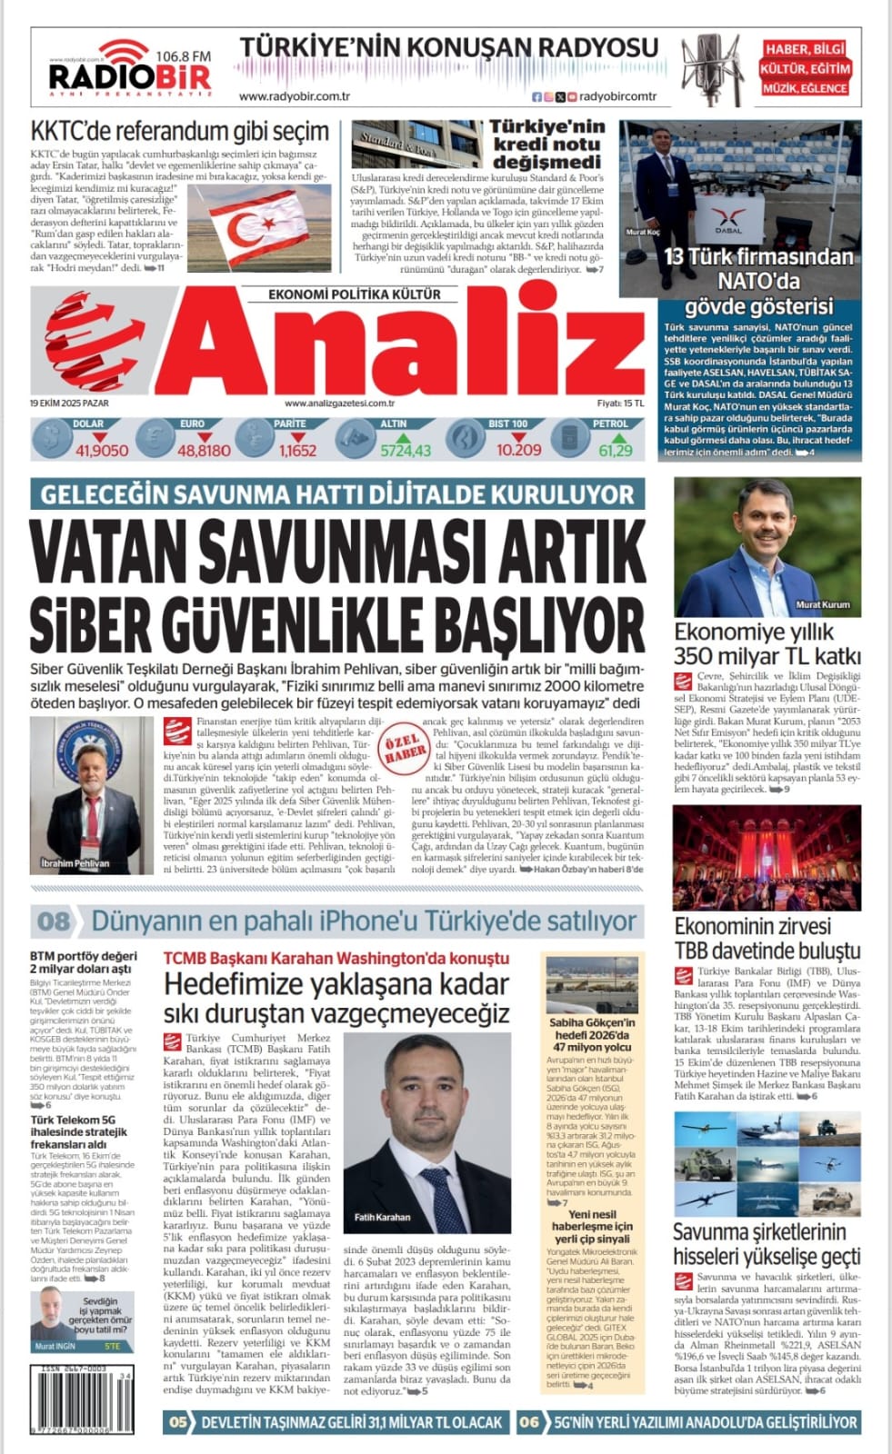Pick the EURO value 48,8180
point(204,450)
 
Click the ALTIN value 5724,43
point(406,450)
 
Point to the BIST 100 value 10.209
point(518,450)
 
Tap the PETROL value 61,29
point(615,450)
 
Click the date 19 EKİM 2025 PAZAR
point(69,403)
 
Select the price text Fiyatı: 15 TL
point(620,403)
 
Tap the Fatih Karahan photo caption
point(382,1217)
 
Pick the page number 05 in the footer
point(178,1422)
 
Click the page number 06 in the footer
point(529,1422)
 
